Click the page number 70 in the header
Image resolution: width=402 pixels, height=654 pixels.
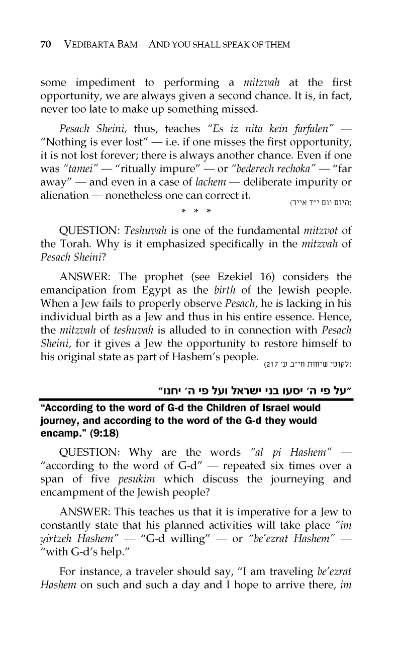click(45, 45)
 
